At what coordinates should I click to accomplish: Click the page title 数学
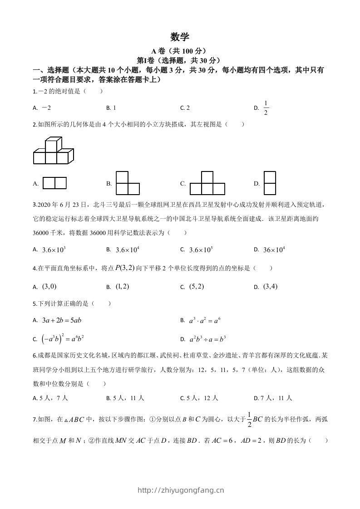[180, 37]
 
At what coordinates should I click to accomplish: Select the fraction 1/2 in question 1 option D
[266, 108]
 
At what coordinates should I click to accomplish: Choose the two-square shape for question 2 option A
[54, 183]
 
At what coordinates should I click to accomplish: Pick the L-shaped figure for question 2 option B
[128, 183]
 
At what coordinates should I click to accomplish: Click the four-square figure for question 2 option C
[207, 183]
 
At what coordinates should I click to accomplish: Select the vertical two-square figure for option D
[270, 183]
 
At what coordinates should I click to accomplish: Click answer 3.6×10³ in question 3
[54, 250]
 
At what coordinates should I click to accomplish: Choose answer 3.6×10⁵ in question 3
[201, 250]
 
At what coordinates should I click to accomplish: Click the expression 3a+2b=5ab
[61, 320]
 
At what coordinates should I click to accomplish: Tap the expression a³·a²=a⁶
[205, 320]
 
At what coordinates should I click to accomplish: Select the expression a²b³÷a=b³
[207, 339]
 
